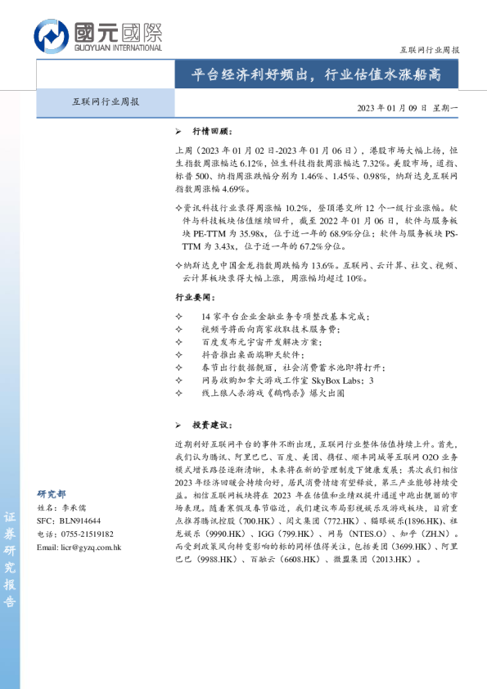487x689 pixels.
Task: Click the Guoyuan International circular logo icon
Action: click(x=52, y=35)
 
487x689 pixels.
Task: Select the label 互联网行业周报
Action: click(x=106, y=102)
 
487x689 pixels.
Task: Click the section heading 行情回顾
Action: click(x=212, y=131)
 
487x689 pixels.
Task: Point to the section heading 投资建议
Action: click(x=212, y=426)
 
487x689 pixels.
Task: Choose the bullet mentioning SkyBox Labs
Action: click(x=286, y=380)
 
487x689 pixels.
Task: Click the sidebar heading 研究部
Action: click(x=52, y=494)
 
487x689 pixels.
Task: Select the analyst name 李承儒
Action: click(x=73, y=507)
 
